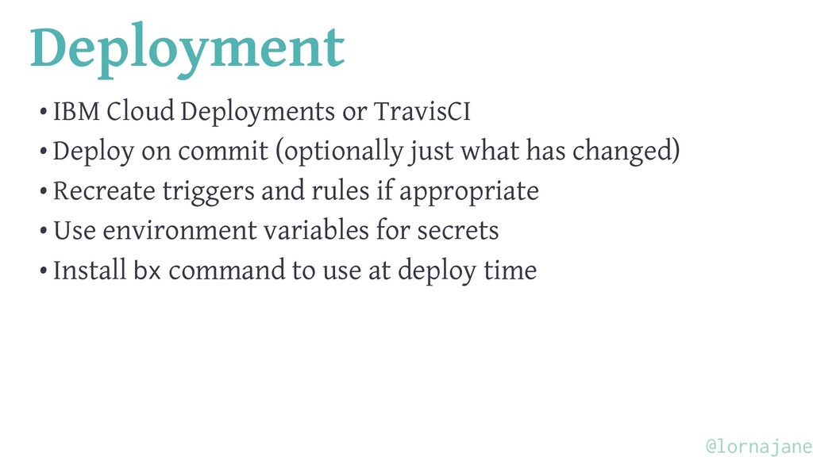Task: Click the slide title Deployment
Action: [x=187, y=49]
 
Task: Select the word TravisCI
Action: [x=422, y=111]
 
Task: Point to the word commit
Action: [x=223, y=151]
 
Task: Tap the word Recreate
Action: [x=104, y=191]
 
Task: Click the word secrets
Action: [x=458, y=231]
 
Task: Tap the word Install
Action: [x=90, y=270]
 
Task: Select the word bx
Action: [x=147, y=270]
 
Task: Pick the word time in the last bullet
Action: [x=511, y=271]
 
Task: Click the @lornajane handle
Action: [x=758, y=446]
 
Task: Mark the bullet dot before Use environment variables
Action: [x=44, y=231]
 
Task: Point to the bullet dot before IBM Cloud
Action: [x=44, y=112]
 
